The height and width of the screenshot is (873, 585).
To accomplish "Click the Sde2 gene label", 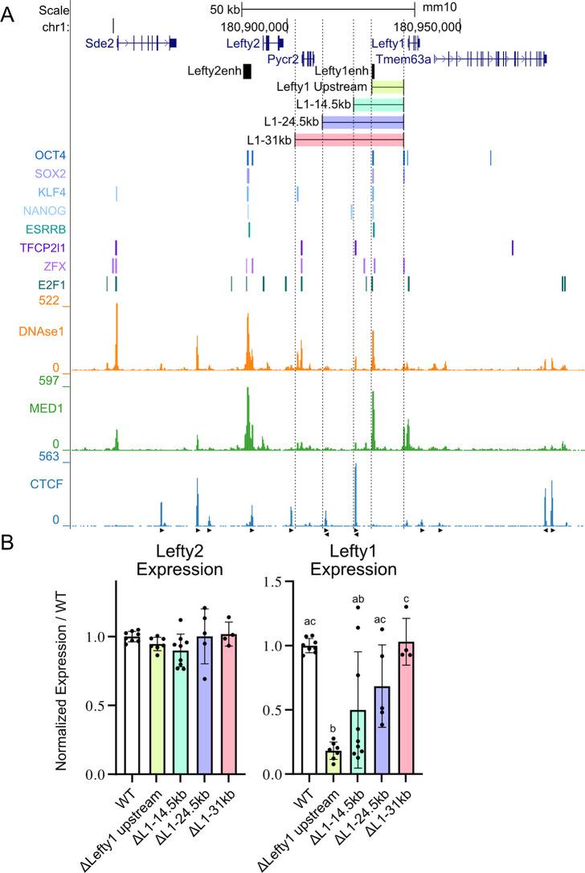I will pos(99,43).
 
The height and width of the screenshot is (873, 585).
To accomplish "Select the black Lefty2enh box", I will pos(247,71).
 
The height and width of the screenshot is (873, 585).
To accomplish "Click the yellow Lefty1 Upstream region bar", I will pos(387,87).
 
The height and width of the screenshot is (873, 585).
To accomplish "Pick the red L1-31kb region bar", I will pos(349,140).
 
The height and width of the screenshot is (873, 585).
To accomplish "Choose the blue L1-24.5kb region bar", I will pos(362,122).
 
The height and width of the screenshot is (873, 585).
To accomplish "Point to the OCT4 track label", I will pos(50,156).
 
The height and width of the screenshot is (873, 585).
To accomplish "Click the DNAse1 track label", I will pos(38,331).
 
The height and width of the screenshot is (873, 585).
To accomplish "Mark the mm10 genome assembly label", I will pos(438,8).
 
